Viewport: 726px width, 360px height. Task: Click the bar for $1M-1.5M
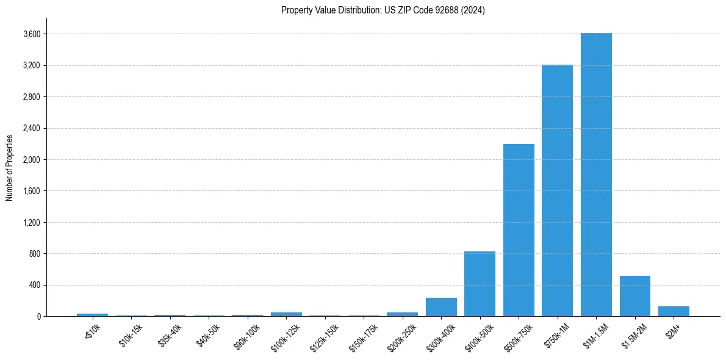point(596,175)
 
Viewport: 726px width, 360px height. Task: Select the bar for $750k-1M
point(557,190)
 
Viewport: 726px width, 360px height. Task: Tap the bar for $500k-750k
point(519,230)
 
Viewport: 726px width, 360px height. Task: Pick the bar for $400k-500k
point(480,284)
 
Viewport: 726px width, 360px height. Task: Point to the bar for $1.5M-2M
point(634,296)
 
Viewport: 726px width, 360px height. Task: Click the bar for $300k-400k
point(441,307)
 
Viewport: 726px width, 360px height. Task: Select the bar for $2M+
point(674,311)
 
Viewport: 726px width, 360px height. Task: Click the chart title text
point(383,10)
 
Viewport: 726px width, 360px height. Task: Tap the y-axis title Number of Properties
point(10,168)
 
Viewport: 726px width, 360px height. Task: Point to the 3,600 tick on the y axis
point(31,34)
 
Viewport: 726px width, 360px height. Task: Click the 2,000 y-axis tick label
point(31,160)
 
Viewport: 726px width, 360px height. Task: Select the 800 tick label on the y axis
point(34,254)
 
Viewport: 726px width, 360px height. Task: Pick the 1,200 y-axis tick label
point(31,223)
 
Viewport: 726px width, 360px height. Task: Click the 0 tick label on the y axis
point(38,317)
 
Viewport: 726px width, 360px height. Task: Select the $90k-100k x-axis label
point(246,335)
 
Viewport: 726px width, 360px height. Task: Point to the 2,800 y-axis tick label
point(31,97)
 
